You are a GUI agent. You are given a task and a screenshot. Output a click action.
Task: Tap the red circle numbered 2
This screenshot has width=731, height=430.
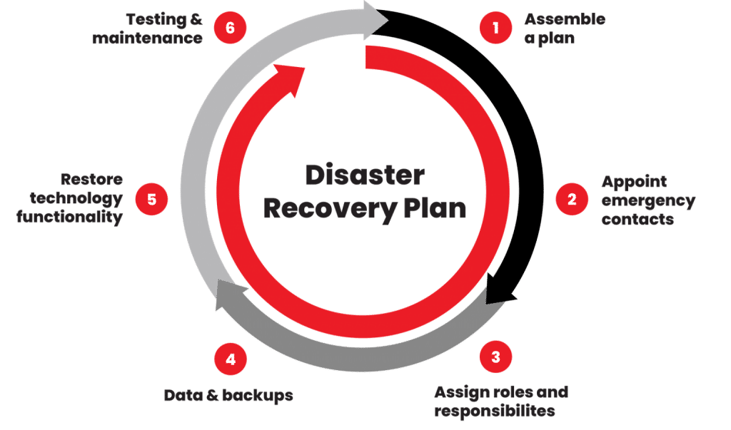click(572, 200)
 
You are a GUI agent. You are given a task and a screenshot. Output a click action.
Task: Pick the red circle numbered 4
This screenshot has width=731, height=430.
click(231, 359)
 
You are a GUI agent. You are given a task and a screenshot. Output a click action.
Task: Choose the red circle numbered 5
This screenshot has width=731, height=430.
click(151, 199)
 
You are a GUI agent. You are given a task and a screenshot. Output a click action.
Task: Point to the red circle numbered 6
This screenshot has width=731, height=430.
click(230, 29)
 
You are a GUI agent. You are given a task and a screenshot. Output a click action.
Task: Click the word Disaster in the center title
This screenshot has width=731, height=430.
click(365, 175)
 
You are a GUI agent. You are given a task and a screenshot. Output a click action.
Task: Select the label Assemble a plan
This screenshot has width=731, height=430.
click(564, 29)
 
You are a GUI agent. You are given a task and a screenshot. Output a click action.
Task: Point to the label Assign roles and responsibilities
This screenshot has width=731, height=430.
click(501, 401)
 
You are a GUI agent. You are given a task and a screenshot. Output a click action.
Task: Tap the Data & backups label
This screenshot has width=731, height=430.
click(228, 395)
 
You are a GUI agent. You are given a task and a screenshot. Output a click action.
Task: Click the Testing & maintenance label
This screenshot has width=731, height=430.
click(147, 29)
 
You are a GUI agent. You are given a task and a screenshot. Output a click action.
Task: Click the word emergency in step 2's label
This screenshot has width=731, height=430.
click(647, 200)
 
